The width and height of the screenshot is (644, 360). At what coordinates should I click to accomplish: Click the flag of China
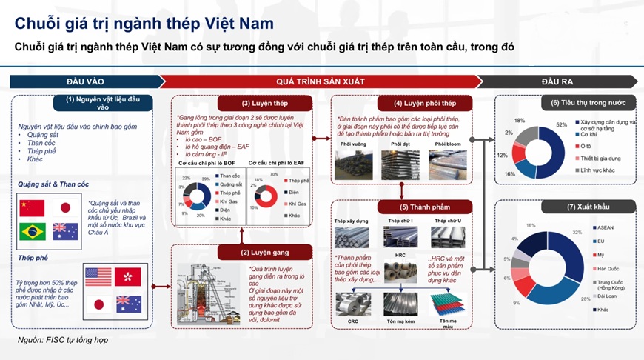point(32,207)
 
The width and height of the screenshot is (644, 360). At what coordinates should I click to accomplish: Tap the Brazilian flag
point(32,231)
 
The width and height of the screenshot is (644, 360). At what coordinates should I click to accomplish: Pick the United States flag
point(98,277)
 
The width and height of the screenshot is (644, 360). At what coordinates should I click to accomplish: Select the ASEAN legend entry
point(603,227)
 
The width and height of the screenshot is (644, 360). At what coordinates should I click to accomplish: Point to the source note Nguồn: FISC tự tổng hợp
point(64,340)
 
